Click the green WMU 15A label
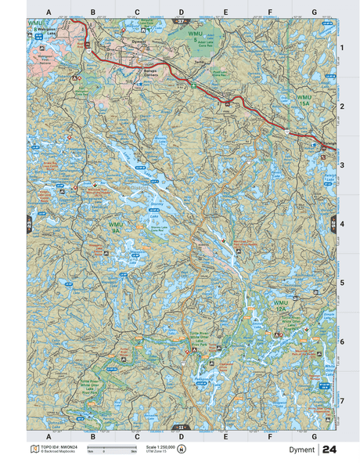[306, 99]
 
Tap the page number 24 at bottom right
[329, 450]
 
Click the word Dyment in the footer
[301, 450]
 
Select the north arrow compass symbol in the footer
[182, 449]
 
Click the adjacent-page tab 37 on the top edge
[181, 21]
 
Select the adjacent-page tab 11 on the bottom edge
[181, 428]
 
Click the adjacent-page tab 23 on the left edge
[30, 225]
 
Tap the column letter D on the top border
[181, 13]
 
